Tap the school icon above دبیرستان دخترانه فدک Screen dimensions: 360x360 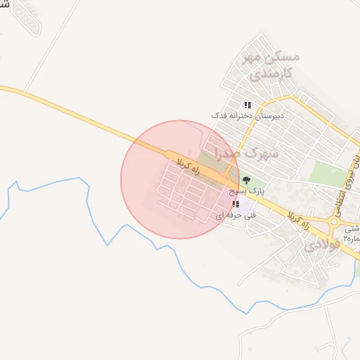point(247,105)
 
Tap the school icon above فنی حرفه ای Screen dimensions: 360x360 point(234,205)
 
